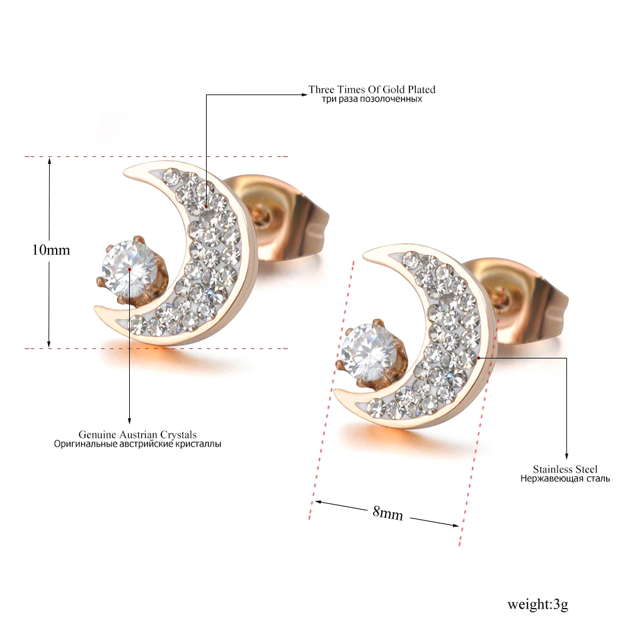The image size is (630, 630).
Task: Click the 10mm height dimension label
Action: (x=51, y=250)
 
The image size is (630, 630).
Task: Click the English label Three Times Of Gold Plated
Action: (x=372, y=89)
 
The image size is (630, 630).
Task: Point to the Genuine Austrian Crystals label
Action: (x=137, y=435)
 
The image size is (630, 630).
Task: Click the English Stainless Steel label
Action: (x=565, y=469)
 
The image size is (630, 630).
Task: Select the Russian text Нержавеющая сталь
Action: (x=565, y=479)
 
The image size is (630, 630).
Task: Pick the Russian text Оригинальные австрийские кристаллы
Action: (x=137, y=444)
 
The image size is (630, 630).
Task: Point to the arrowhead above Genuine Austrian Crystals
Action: (x=129, y=421)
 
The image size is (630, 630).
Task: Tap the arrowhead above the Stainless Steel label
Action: (x=566, y=457)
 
